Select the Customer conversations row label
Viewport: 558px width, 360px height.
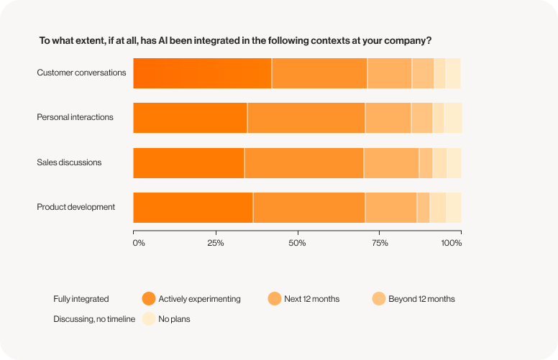(x=81, y=73)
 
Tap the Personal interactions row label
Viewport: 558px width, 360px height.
(x=75, y=117)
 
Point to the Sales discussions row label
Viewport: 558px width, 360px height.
(x=69, y=162)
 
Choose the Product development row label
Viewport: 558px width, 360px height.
(x=76, y=207)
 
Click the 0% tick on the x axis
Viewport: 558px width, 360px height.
(x=139, y=243)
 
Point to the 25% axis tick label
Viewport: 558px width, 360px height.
(x=216, y=243)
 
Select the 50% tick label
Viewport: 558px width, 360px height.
(x=297, y=243)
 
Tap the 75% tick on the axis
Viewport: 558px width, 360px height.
(x=380, y=243)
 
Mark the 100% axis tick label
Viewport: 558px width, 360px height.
(x=452, y=243)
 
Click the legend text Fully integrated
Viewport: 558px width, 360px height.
(x=81, y=299)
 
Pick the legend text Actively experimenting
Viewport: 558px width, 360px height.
(x=199, y=299)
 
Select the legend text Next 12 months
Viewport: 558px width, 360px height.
(x=311, y=299)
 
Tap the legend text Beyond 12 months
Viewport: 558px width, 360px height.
(x=421, y=299)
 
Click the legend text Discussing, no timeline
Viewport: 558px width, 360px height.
(x=94, y=319)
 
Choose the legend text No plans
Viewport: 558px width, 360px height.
(x=174, y=319)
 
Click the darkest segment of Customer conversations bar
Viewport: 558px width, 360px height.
(x=202, y=73)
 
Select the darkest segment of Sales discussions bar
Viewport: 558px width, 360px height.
(x=188, y=162)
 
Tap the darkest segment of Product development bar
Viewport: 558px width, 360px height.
(x=193, y=207)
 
